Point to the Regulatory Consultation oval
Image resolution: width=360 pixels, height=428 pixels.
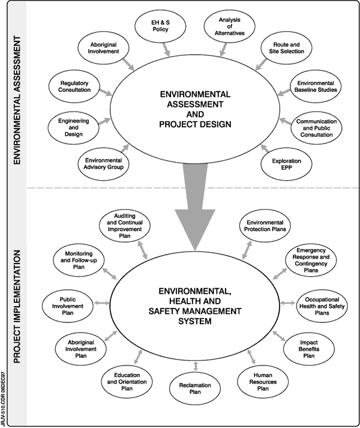pos(76,85)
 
